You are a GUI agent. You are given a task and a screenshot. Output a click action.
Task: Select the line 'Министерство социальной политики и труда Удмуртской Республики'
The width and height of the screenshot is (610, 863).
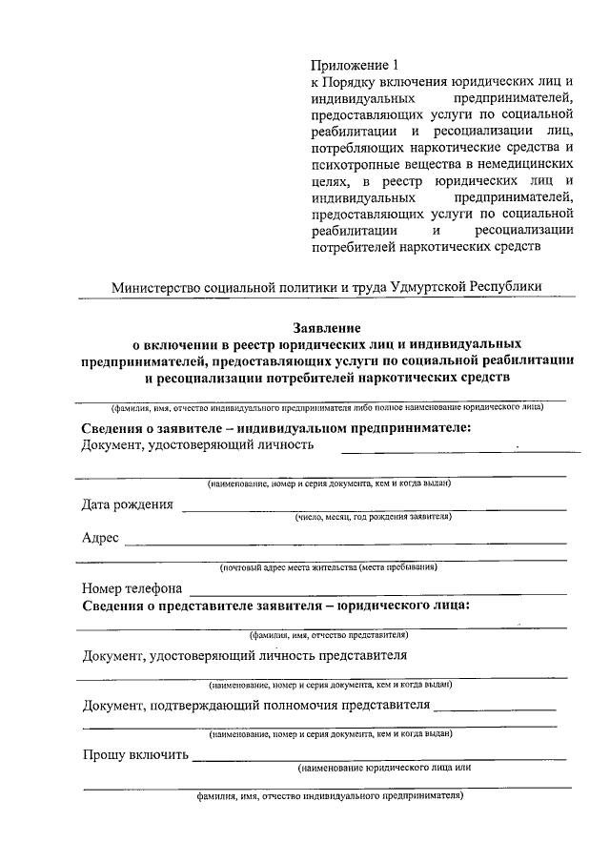326,285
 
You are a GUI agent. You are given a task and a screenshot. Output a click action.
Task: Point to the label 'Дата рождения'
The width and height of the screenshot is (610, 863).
128,505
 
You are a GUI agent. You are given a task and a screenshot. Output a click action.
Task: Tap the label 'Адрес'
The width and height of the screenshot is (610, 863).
100,539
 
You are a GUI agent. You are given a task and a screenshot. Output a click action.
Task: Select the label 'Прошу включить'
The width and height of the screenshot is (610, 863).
135,755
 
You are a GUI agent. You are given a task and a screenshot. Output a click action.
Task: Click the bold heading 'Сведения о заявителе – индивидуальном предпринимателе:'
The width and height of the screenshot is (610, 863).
276,428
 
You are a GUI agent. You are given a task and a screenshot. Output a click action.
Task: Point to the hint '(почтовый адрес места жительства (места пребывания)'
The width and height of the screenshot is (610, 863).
329,567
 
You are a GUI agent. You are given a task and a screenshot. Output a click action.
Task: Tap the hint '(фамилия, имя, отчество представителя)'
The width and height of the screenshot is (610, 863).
329,634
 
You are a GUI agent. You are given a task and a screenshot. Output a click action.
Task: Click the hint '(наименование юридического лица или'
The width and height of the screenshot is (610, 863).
384,767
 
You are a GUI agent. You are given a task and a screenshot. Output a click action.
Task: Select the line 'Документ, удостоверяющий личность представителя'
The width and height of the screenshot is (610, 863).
245,656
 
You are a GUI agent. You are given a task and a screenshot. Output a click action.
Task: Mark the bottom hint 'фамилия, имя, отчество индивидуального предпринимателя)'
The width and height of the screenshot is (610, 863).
330,794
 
